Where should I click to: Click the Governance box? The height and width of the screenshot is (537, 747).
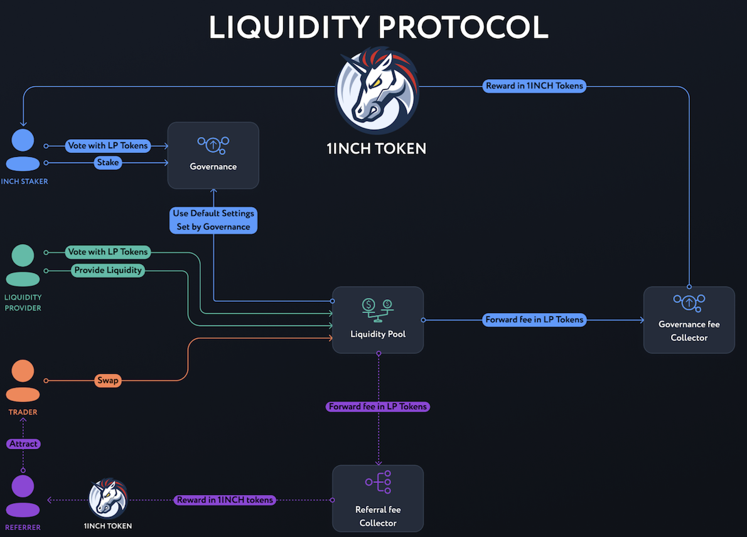[213, 155]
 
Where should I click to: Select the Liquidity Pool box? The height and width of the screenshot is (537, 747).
[378, 320]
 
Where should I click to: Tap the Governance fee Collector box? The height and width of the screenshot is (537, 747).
[689, 319]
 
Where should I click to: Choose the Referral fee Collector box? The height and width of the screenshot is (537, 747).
[378, 498]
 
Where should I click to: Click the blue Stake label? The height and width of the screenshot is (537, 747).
[108, 162]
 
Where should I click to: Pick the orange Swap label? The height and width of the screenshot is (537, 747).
[108, 380]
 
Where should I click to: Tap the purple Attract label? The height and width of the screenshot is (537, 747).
[24, 444]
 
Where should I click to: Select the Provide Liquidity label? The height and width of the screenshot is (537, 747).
[109, 270]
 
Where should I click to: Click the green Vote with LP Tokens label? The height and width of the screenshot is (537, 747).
[108, 252]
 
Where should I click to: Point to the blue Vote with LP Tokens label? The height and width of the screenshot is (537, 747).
[108, 146]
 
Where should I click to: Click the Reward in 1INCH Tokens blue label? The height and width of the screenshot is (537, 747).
[534, 86]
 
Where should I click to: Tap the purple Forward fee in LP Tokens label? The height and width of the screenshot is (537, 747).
[378, 407]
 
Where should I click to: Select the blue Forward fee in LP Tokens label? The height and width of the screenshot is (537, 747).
[534, 319]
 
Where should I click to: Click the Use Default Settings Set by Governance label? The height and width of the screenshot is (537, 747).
[213, 220]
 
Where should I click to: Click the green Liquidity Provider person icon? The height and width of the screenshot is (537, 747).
[23, 265]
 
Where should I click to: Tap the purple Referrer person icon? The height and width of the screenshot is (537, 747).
[23, 495]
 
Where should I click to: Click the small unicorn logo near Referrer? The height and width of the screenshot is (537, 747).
[108, 498]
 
